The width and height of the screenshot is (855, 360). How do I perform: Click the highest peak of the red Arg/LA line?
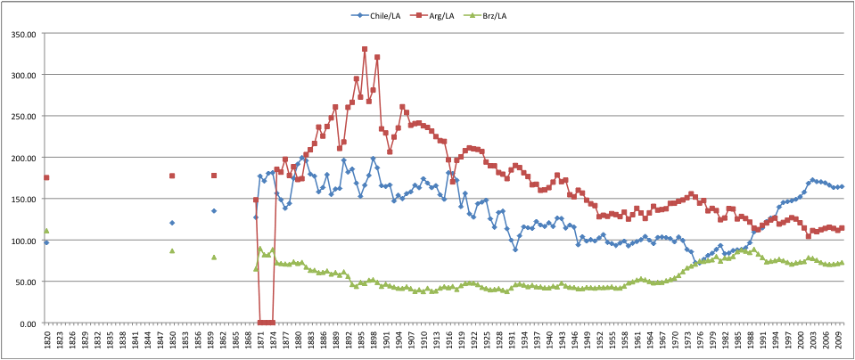point(365,49)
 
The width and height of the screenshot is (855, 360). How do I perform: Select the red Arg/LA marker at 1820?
point(46,177)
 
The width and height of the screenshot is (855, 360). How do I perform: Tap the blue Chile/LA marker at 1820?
point(46,242)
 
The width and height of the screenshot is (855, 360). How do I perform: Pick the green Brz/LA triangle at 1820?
point(46,230)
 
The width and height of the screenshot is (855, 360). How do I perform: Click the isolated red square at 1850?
point(172,176)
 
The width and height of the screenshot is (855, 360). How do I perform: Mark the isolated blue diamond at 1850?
point(172,223)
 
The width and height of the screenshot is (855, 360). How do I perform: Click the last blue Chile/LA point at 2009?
point(841,186)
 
